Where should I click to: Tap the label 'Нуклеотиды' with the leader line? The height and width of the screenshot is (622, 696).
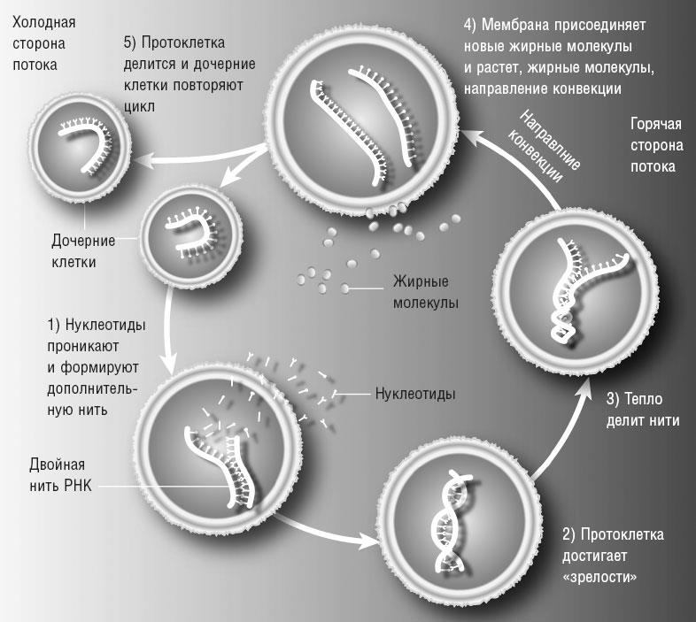coord(415,393)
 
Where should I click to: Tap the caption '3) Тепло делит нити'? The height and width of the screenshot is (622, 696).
coord(643,409)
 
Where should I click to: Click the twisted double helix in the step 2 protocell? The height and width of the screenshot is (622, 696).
coord(448,518)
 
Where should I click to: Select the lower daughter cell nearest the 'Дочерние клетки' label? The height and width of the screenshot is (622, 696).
coord(192,233)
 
